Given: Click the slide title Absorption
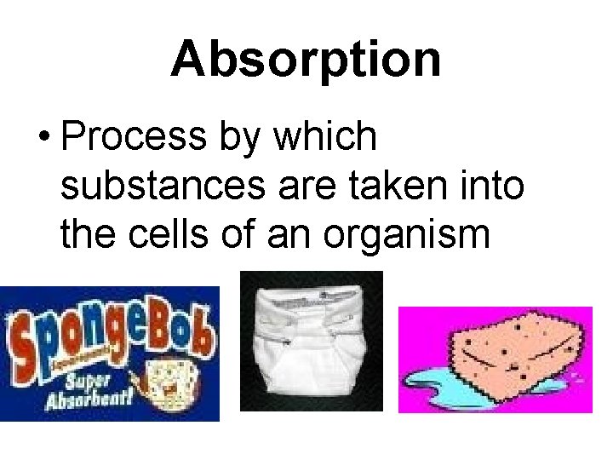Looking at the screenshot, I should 306,60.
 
